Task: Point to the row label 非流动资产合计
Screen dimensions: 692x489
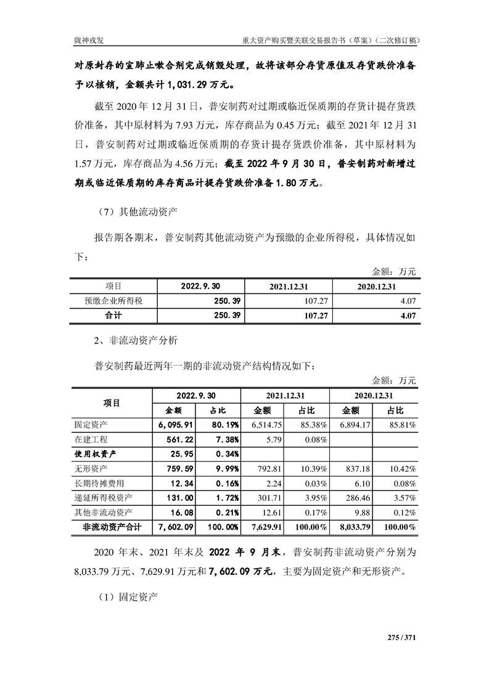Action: (x=112, y=527)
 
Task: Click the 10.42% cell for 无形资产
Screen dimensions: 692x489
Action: (x=400, y=469)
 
